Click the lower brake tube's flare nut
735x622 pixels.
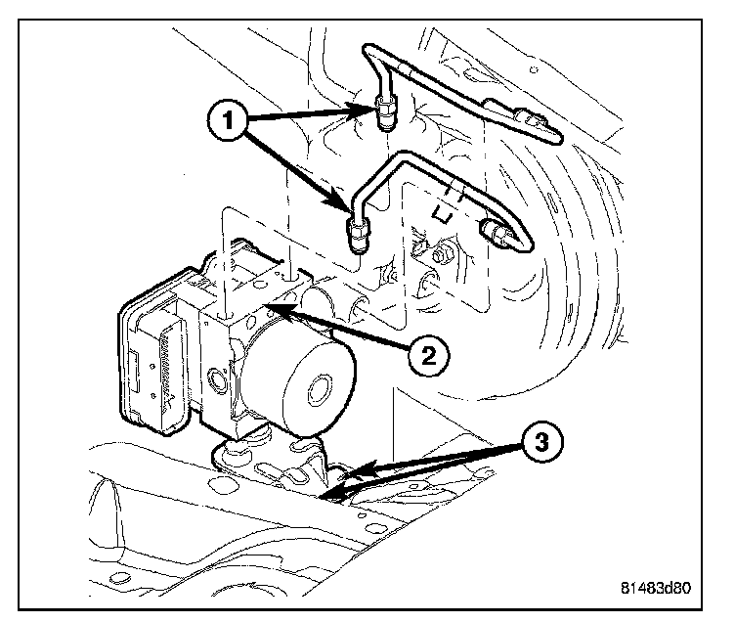pyautogui.click(x=359, y=235)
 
